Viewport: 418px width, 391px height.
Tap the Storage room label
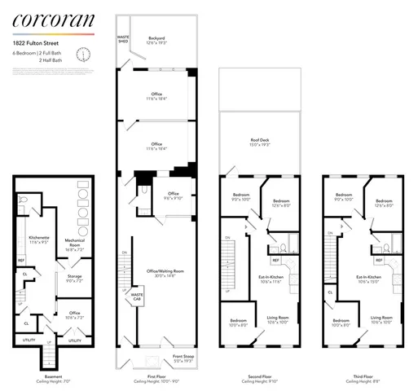(73, 279)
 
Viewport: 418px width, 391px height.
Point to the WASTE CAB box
(137, 298)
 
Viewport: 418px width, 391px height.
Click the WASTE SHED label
(124, 38)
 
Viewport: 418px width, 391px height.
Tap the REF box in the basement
(23, 262)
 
